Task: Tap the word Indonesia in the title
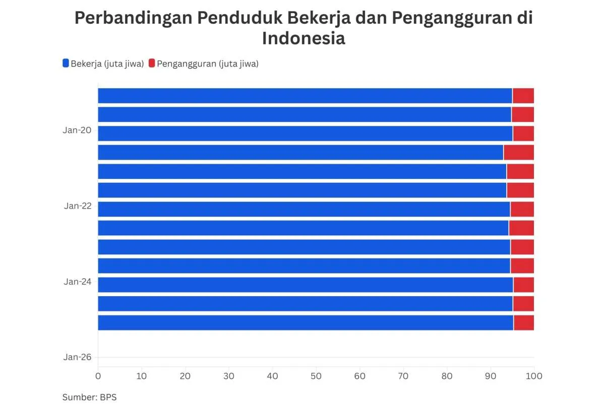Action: tap(304, 38)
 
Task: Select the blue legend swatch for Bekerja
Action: tap(66, 63)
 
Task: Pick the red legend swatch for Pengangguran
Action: tap(152, 63)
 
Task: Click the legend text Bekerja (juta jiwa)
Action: tap(107, 63)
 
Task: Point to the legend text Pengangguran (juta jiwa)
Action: tap(208, 63)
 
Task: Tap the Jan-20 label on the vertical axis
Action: tap(77, 130)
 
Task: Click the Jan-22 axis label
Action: tap(77, 206)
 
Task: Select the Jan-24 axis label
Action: tap(77, 282)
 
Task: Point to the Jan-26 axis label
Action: tap(77, 357)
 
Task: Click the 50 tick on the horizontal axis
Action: tap(316, 376)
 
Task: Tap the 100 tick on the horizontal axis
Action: tap(534, 376)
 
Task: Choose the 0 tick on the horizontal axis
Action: tap(98, 376)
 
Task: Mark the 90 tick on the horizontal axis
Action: tap(491, 376)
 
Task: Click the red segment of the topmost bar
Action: tap(523, 96)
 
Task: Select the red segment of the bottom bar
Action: tap(524, 323)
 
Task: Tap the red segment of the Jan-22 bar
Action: tap(522, 209)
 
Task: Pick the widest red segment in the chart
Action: tap(519, 152)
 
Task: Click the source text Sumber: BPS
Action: tap(89, 397)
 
